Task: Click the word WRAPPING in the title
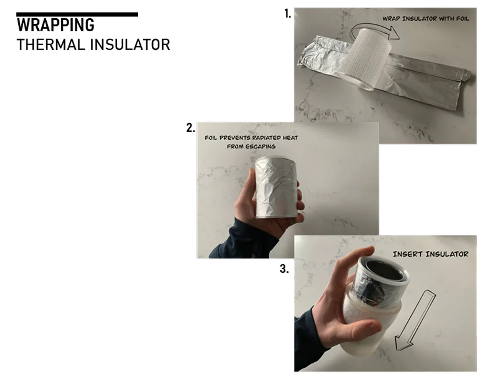coord(55,25)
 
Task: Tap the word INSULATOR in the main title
coord(130,45)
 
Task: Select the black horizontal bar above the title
coord(77,15)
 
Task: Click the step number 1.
coord(288,14)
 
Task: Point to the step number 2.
coord(191,128)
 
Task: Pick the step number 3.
coord(284,269)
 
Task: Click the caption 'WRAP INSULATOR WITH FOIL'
coord(426,19)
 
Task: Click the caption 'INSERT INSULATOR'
coord(431,254)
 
